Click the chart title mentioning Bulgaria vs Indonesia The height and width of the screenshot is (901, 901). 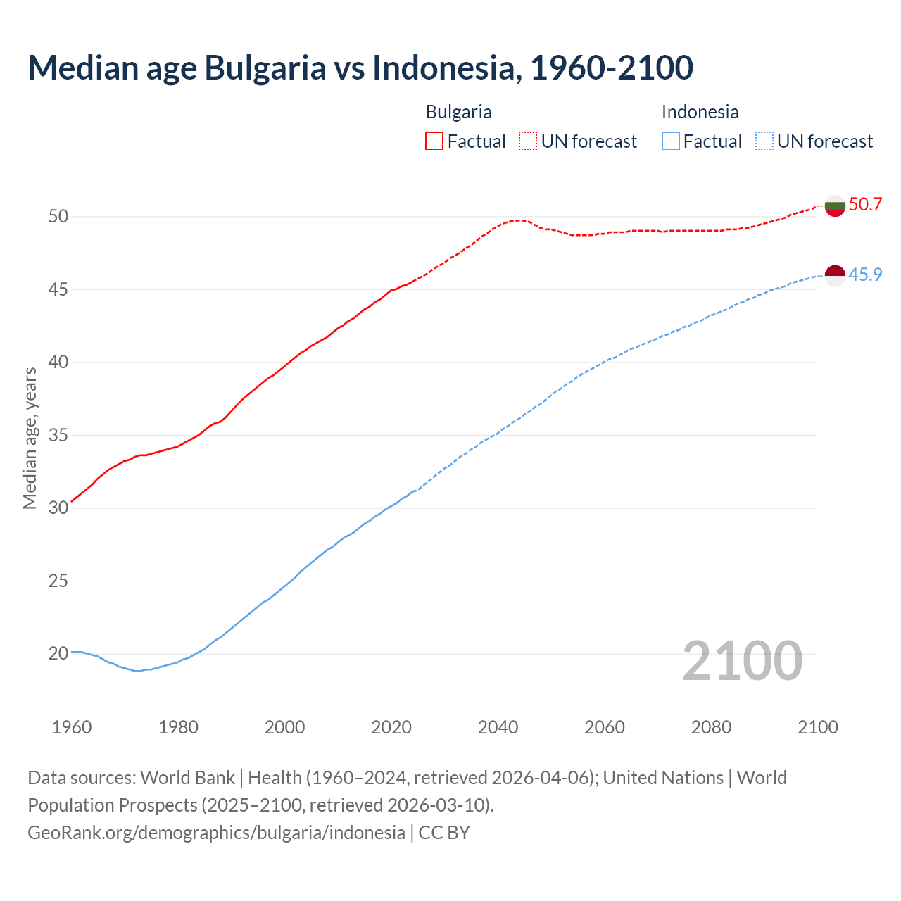360,68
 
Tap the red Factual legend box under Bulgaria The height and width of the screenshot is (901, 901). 434,141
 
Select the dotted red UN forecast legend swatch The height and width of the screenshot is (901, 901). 528,141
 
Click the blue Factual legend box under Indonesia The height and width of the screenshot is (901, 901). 671,141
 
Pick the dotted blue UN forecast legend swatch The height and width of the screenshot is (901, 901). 764,141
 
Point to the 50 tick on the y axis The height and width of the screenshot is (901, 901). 58,216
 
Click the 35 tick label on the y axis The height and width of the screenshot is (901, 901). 58,435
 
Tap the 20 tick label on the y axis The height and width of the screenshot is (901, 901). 58,654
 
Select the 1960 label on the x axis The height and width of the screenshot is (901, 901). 72,727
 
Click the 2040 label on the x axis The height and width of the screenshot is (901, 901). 498,727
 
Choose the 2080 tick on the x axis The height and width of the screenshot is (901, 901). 711,727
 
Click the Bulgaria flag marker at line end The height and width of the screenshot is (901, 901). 835,206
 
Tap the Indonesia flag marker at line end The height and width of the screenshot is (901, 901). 835,275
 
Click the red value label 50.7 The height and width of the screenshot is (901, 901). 865,205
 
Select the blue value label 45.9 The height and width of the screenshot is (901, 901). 865,275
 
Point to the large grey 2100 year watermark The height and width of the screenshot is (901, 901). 743,660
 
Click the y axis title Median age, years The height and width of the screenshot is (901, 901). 30,438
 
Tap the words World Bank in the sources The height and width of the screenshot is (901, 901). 187,778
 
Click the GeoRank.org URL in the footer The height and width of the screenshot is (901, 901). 216,833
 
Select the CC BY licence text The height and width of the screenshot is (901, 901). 444,833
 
